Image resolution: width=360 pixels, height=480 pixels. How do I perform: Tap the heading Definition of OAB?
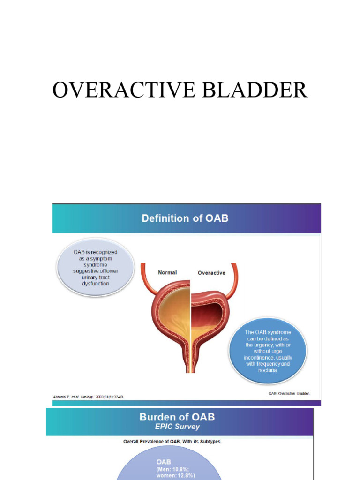pyautogui.click(x=186, y=218)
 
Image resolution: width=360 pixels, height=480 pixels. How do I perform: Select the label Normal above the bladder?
pyautogui.click(x=168, y=273)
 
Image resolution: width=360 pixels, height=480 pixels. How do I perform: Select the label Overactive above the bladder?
pyautogui.click(x=211, y=273)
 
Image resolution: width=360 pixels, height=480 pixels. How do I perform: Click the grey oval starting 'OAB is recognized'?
pyautogui.click(x=95, y=268)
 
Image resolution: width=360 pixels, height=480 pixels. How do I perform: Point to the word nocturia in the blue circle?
pyautogui.click(x=268, y=370)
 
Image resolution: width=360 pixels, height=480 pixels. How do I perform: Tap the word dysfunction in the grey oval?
pyautogui.click(x=95, y=284)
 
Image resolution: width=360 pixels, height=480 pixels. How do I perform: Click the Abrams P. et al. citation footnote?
pyautogui.click(x=88, y=397)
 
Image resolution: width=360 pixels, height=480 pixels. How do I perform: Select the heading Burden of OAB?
pyautogui.click(x=177, y=417)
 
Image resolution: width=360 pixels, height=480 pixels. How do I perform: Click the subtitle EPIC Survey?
pyautogui.click(x=177, y=427)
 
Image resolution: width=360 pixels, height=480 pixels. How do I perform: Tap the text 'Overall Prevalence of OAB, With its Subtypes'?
pyautogui.click(x=172, y=441)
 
